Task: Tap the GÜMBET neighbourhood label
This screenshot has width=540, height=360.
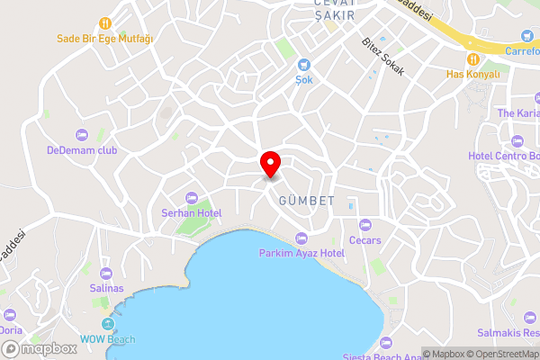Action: (307, 200)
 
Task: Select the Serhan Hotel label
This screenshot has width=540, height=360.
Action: (191, 213)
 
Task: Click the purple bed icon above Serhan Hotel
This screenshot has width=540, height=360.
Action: (191, 198)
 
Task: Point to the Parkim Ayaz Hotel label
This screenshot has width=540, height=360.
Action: (301, 254)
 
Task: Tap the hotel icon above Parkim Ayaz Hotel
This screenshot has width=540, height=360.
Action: (301, 238)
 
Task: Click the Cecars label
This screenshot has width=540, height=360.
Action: (364, 240)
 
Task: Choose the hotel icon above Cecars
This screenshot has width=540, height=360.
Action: (364, 225)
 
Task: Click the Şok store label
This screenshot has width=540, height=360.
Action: (304, 79)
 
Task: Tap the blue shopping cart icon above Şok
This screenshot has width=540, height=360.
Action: (304, 64)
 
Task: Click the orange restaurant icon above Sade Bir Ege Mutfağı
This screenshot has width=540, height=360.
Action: (105, 22)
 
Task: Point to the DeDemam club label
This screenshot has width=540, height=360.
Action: (83, 150)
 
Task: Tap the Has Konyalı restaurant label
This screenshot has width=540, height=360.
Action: (472, 74)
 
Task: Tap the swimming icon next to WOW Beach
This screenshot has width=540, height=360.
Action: (109, 323)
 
